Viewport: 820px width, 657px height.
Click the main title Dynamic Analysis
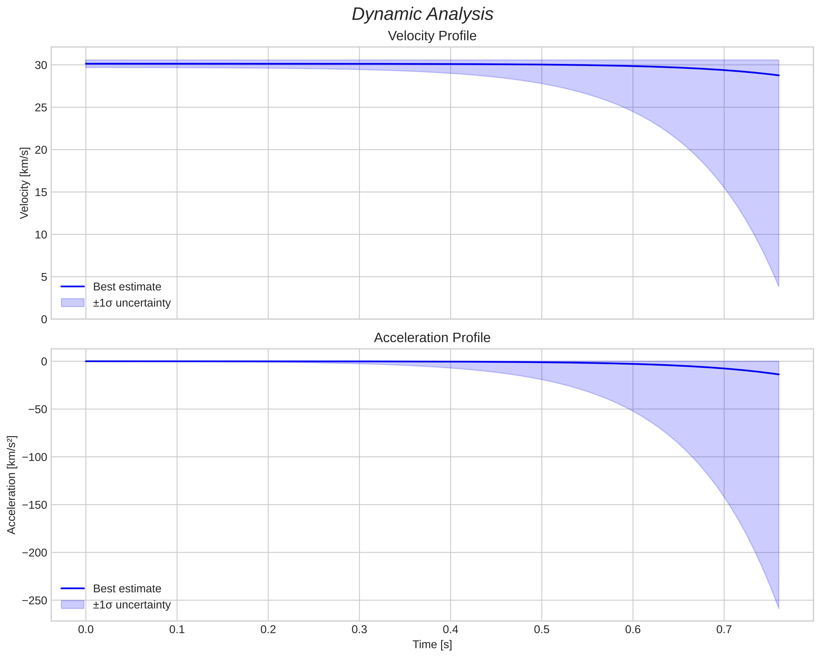coord(422,14)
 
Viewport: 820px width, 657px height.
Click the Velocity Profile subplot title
coord(432,36)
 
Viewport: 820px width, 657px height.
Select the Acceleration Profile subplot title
coord(432,338)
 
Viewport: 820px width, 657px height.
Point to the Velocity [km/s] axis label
coord(24,183)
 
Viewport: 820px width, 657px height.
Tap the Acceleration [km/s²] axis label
coord(12,485)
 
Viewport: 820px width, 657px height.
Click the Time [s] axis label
coord(432,645)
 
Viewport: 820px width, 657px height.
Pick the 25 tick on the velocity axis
coord(41,108)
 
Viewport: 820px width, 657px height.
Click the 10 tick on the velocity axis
coord(41,235)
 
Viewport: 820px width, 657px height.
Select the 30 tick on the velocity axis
coord(41,65)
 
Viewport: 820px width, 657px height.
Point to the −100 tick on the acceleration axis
coord(35,457)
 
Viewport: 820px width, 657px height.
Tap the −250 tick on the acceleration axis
coord(35,600)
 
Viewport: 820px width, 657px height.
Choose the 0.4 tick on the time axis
coord(450,630)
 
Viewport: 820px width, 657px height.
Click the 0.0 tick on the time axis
coord(86,630)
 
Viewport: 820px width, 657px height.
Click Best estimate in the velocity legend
coord(127,287)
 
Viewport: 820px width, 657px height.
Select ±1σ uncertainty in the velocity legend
coord(132,303)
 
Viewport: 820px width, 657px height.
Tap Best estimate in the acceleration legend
coord(127,589)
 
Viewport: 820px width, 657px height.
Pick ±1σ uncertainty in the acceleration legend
coord(132,605)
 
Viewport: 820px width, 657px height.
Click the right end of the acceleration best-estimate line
coord(779,375)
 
